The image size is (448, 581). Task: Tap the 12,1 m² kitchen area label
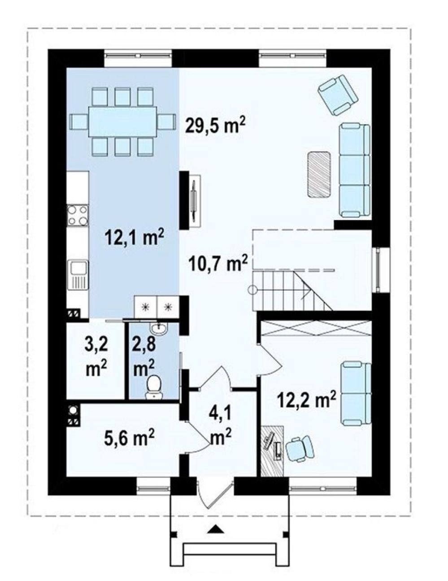click(x=134, y=236)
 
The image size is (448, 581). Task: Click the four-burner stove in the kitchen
click(x=78, y=215)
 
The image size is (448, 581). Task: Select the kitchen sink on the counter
click(x=78, y=275)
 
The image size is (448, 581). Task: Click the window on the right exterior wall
click(x=381, y=270)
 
